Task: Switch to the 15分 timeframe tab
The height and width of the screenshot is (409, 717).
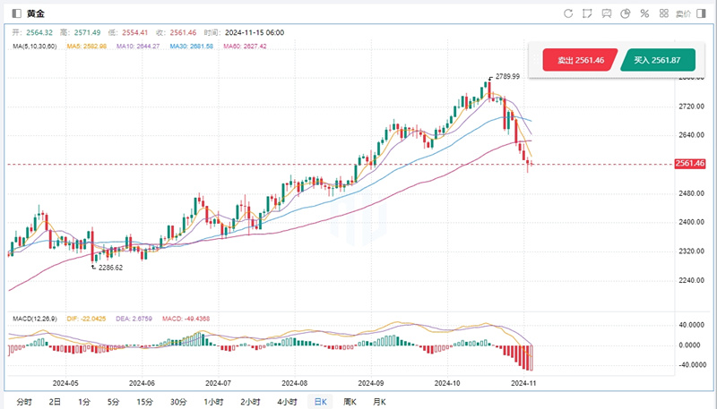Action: point(143,401)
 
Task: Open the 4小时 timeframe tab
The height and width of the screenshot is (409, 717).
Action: point(287,401)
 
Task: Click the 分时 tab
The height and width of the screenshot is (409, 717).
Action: point(25,401)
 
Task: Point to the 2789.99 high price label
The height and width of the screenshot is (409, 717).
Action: point(507,77)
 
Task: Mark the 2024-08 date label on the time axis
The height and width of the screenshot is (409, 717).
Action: point(295,380)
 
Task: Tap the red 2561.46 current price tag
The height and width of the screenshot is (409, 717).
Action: point(693,164)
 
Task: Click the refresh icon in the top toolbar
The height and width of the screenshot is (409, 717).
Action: point(567,13)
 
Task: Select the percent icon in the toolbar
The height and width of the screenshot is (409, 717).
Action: point(644,13)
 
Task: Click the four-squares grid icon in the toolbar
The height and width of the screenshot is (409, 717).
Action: point(663,13)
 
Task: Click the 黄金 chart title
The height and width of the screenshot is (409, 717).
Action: point(34,13)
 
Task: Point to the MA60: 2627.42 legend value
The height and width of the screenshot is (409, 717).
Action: point(245,45)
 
